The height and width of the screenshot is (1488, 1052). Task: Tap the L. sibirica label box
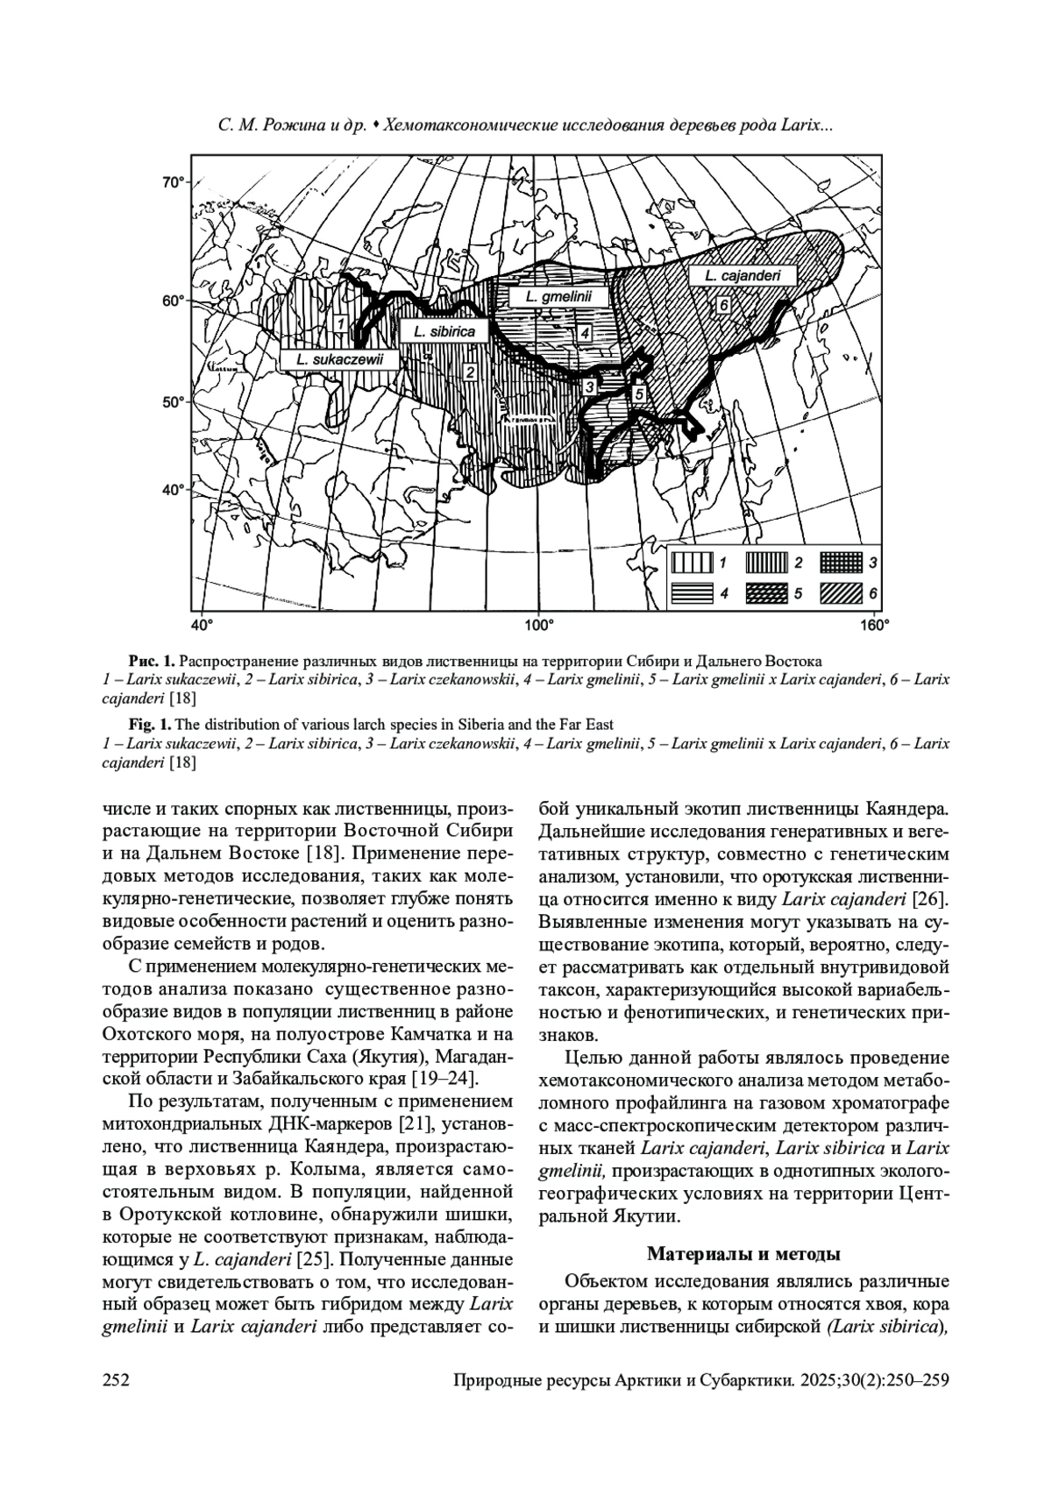pyautogui.click(x=444, y=331)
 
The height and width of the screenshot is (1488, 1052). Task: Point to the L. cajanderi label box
pyautogui.click(x=742, y=276)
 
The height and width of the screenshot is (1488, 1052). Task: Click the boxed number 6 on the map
pyautogui.click(x=723, y=305)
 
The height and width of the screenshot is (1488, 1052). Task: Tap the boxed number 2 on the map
pyautogui.click(x=470, y=373)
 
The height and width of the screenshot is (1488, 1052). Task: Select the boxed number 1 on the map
pyautogui.click(x=339, y=323)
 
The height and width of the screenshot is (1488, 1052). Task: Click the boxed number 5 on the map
pyautogui.click(x=639, y=394)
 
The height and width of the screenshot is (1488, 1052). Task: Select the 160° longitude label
pyautogui.click(x=874, y=625)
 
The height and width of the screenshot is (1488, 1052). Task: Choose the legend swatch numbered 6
pyautogui.click(x=842, y=593)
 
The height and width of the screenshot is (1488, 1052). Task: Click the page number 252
pyautogui.click(x=117, y=1381)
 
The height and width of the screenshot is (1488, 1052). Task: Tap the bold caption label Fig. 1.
pyautogui.click(x=150, y=725)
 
